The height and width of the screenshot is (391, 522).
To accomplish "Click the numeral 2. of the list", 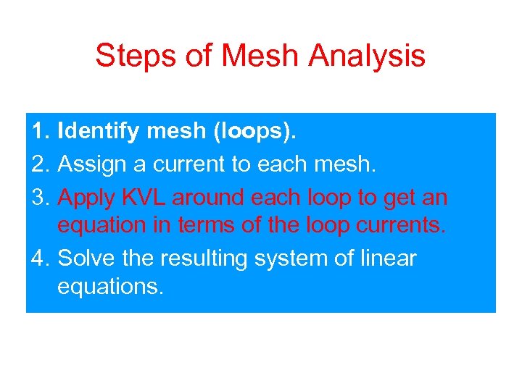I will point(41,165).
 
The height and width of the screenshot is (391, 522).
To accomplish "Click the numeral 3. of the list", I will point(41,196).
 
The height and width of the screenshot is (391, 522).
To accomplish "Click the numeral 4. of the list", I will point(41,258).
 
